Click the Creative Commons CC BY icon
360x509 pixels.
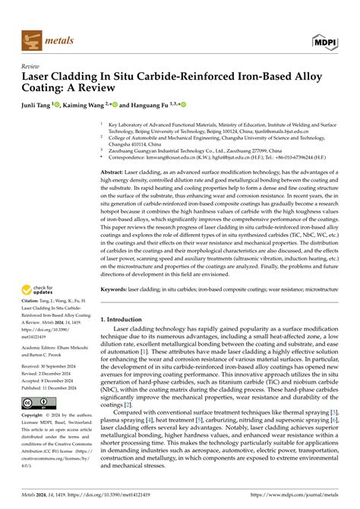[34, 402]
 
